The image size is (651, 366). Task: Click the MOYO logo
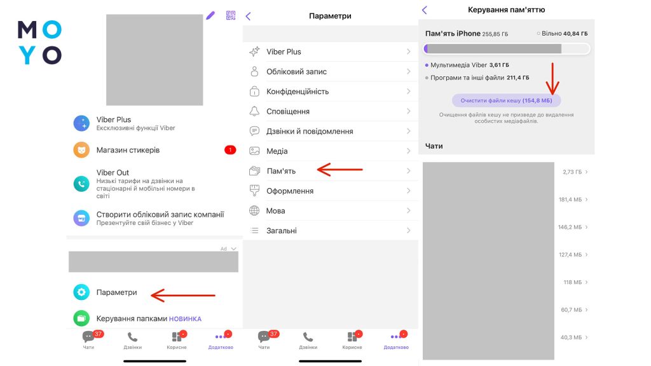point(39,43)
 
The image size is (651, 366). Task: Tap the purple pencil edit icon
point(210,16)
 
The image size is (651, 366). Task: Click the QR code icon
point(231,15)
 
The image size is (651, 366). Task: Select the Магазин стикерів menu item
point(128,150)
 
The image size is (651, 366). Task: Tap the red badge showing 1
point(230,150)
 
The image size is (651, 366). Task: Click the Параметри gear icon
point(81,292)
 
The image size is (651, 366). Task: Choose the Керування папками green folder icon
point(81,318)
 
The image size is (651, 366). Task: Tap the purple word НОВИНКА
point(185,319)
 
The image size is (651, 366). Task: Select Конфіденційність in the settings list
point(298,91)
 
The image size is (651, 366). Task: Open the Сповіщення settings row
point(330,111)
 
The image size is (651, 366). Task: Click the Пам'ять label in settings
point(281,171)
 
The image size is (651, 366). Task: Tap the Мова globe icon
point(254,210)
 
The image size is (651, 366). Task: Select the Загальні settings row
point(330,230)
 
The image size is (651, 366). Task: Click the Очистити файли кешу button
point(506,100)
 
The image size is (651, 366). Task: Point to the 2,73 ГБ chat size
point(572,172)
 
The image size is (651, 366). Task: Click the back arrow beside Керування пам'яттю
point(424,10)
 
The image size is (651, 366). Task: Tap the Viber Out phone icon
point(81,184)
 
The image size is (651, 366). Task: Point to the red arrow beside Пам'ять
point(339,169)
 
